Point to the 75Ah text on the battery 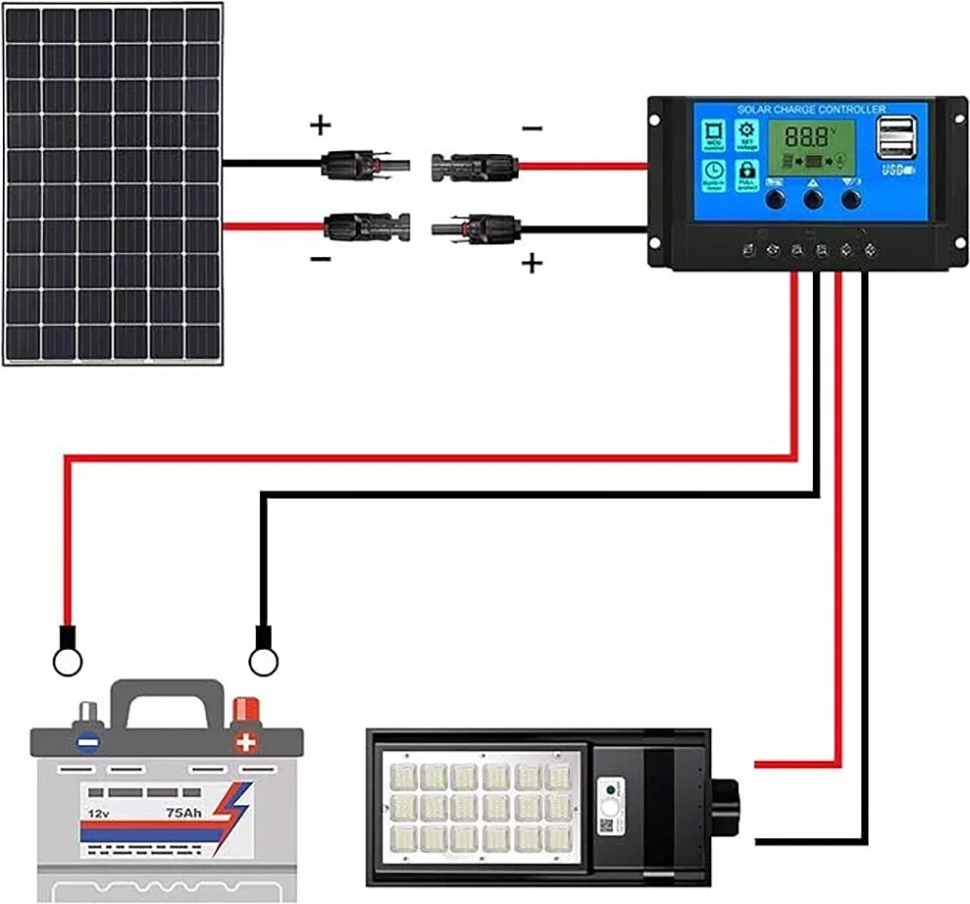pos(184,813)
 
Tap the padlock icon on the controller pos(747,172)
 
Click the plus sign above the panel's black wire pos(320,125)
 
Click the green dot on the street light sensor pos(609,789)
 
